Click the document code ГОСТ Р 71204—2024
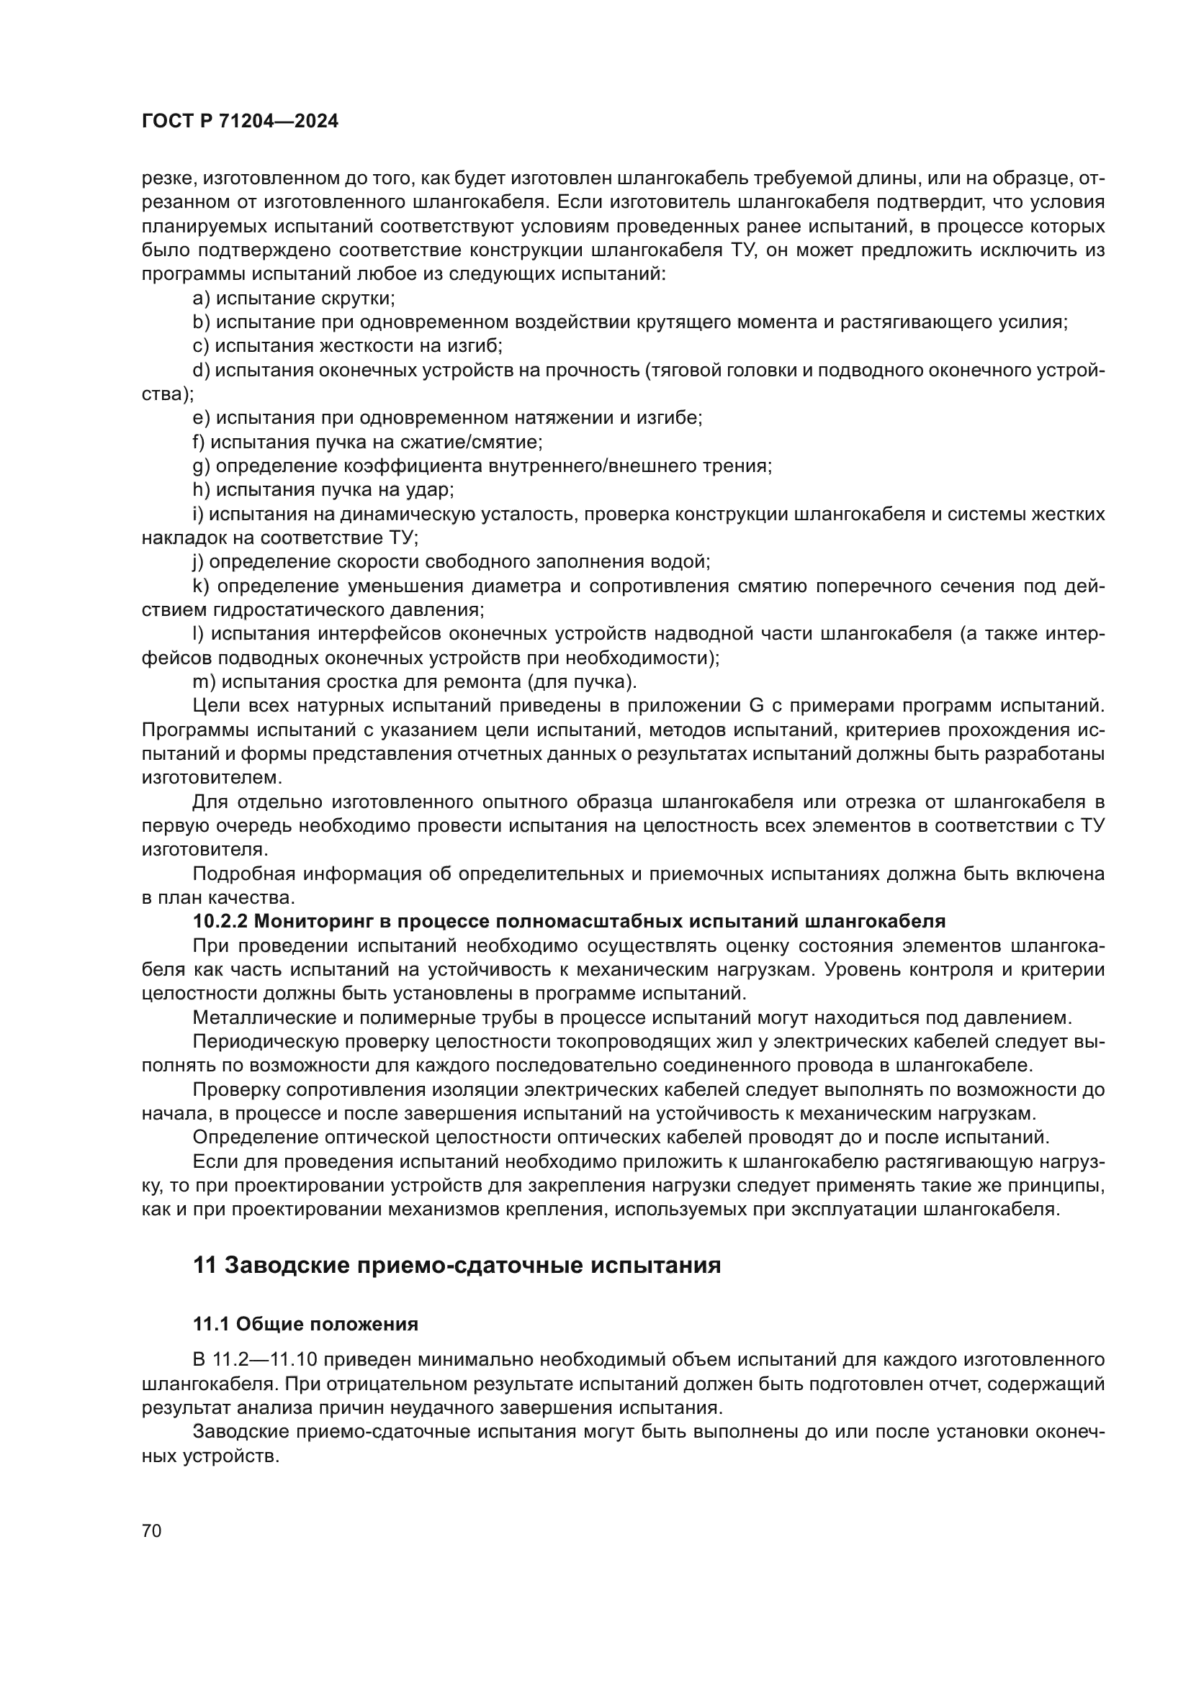(240, 122)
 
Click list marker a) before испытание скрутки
(201, 299)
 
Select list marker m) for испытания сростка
(203, 681)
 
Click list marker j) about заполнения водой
(198, 562)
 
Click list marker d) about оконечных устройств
(201, 370)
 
